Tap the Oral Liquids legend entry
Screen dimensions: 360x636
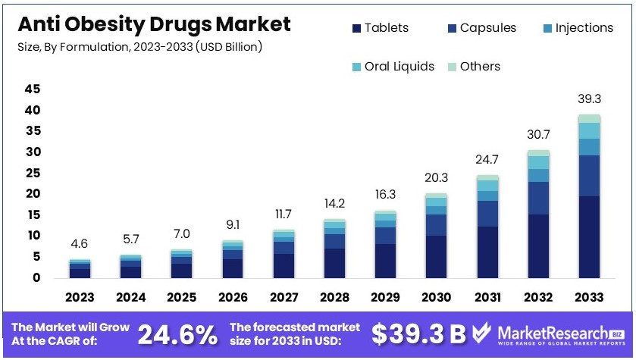pos(393,67)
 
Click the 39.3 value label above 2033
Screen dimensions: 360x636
pos(589,99)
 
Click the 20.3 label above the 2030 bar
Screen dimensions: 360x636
pos(436,179)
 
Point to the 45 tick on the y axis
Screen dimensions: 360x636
pos(32,89)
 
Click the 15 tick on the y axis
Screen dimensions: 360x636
pos(32,215)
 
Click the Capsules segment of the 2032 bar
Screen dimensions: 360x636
pos(539,198)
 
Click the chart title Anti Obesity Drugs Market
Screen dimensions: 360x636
pos(153,24)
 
